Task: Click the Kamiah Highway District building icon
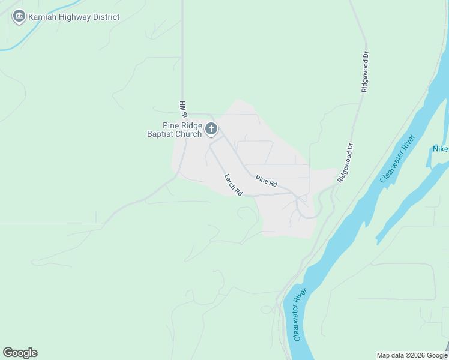point(19,16)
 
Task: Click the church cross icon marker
point(211,128)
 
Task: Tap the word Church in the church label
point(188,134)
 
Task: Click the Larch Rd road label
point(233,185)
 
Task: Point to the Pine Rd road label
point(266,179)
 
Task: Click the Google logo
point(20,353)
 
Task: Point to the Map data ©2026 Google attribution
point(411,355)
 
